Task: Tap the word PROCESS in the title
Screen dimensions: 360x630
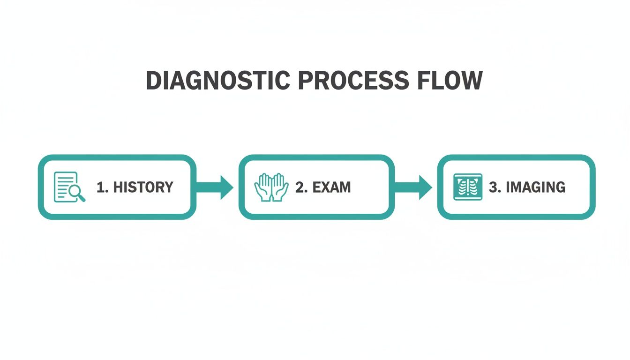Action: click(x=352, y=81)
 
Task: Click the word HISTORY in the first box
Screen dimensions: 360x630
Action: click(x=143, y=187)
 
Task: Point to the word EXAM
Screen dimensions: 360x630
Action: click(x=331, y=187)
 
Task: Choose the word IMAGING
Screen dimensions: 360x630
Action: click(x=535, y=187)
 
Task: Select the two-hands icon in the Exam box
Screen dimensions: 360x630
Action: click(x=271, y=187)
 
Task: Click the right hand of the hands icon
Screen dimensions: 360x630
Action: click(x=279, y=187)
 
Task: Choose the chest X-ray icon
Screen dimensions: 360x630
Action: click(x=467, y=187)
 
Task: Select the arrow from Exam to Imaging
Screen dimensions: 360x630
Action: click(x=414, y=187)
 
